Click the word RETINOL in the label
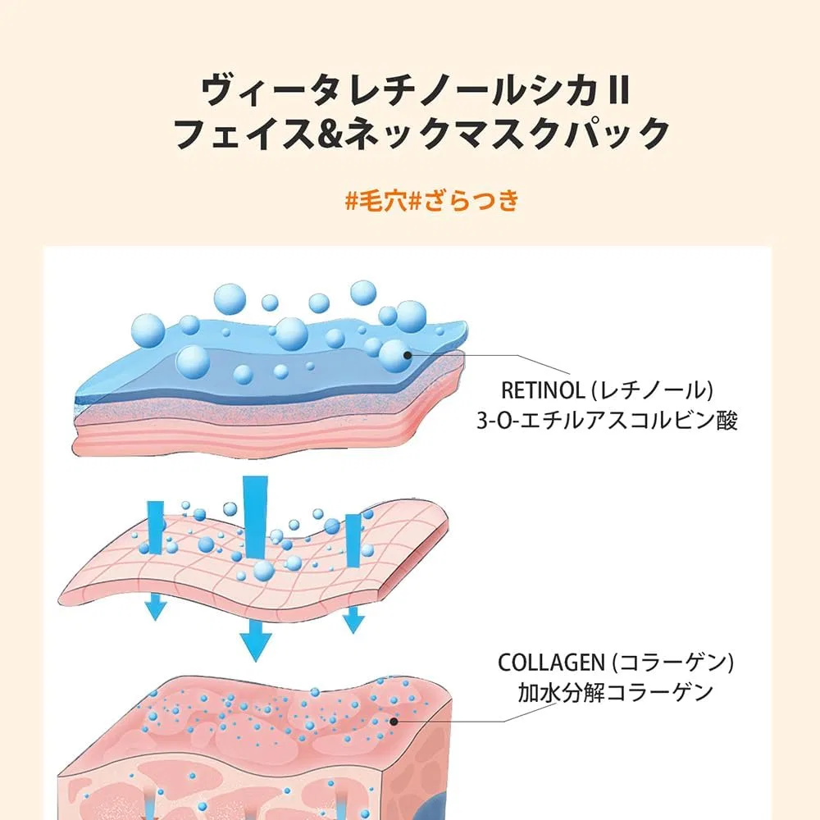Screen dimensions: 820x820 click(x=543, y=390)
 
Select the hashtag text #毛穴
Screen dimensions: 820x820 click(x=376, y=201)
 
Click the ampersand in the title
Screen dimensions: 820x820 click(x=329, y=134)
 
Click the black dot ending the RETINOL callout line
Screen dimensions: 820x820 click(x=408, y=355)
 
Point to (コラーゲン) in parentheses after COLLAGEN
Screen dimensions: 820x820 click(x=673, y=663)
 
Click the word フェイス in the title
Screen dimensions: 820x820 click(x=244, y=134)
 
